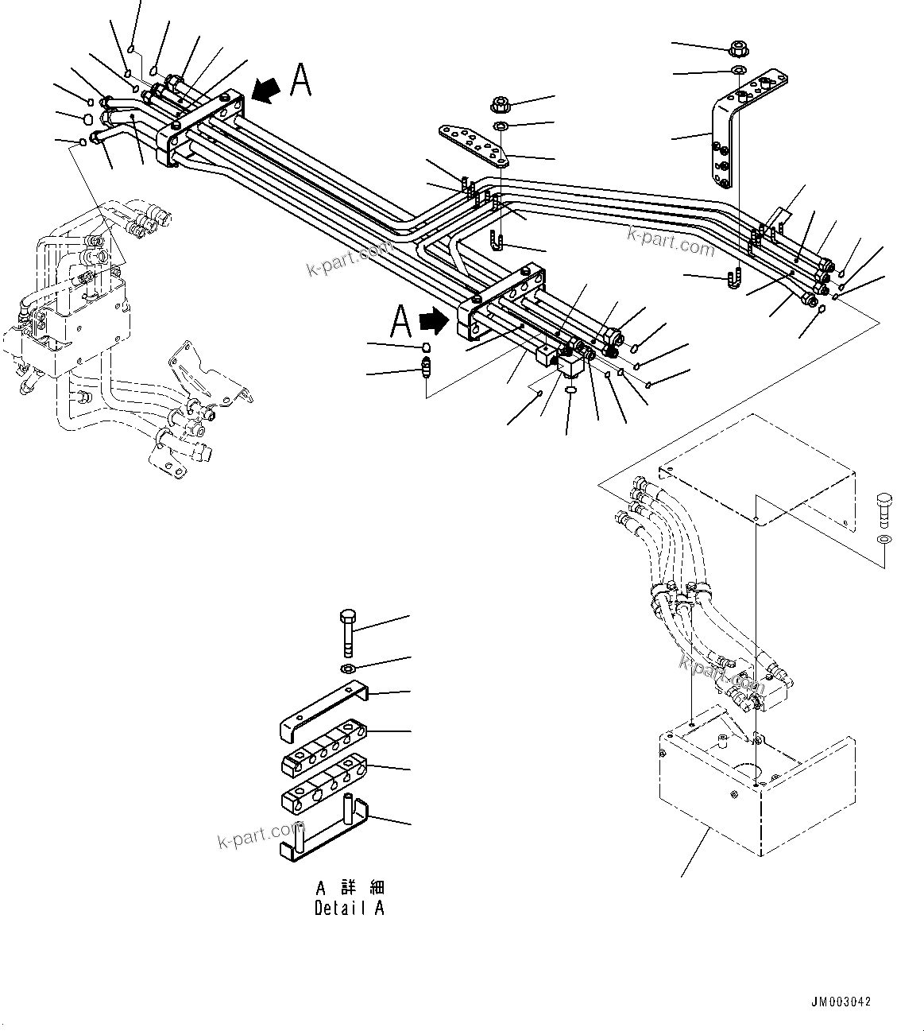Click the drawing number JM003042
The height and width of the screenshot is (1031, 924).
[841, 1002]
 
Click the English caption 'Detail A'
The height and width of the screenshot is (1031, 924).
[349, 908]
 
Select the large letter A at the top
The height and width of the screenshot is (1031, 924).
[301, 80]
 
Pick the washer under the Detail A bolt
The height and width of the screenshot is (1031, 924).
[350, 666]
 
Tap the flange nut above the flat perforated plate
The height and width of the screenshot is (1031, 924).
[501, 104]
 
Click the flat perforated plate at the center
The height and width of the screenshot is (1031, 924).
[473, 145]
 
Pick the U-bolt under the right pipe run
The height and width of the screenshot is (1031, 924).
[734, 281]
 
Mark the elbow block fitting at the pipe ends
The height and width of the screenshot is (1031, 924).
[571, 365]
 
